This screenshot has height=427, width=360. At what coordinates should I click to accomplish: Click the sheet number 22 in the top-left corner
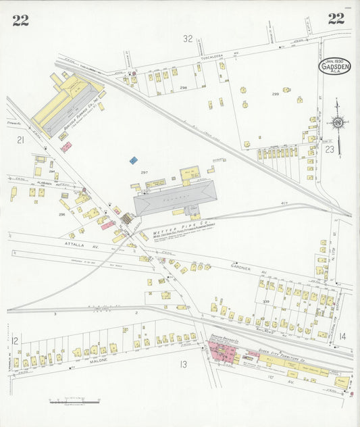pos(20,20)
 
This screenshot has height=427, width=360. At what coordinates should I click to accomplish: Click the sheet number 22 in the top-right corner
pos(336,18)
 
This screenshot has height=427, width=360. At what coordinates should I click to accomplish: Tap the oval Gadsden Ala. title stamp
pos(335,65)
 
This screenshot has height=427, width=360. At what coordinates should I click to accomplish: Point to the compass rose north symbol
pos(338,123)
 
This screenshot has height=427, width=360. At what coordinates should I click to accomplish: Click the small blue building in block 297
pos(134,160)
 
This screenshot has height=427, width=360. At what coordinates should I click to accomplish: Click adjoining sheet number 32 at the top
pos(187,39)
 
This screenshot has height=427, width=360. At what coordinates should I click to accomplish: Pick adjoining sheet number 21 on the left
pos(20,140)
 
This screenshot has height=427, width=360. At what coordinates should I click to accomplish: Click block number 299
pos(275,94)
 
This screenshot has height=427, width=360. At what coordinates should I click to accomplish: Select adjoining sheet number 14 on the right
pos(342,336)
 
